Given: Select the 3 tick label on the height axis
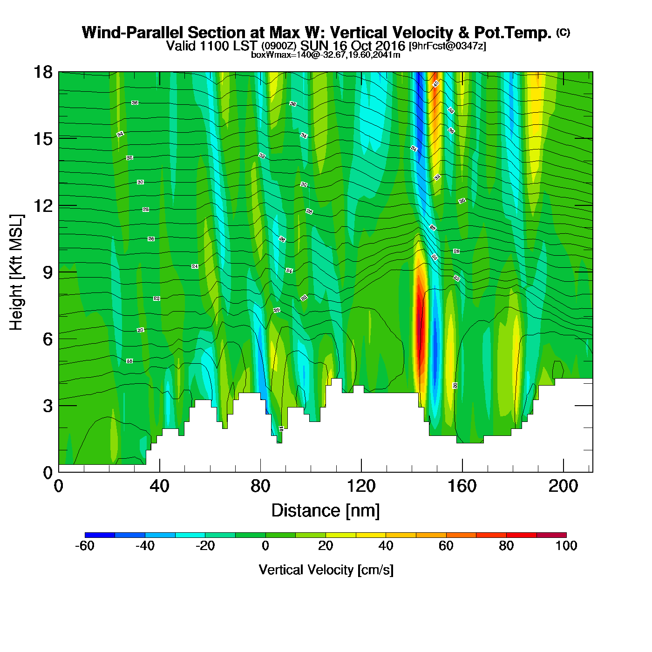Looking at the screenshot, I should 48,406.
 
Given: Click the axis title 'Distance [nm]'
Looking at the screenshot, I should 326,511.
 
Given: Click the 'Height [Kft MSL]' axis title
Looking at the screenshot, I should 16,272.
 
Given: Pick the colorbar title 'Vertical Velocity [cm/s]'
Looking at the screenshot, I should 326,570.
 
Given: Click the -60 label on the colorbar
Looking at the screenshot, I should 85,546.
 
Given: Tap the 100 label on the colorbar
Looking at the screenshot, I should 566,546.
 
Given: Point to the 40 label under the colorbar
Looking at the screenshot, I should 386,546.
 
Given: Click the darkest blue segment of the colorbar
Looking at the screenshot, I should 100,535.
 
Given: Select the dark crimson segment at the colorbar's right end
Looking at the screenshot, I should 551,535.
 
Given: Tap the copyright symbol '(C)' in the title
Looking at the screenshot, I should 563,32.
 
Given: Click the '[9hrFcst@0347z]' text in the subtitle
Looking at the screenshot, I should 448,46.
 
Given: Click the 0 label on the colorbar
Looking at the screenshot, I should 265,546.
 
